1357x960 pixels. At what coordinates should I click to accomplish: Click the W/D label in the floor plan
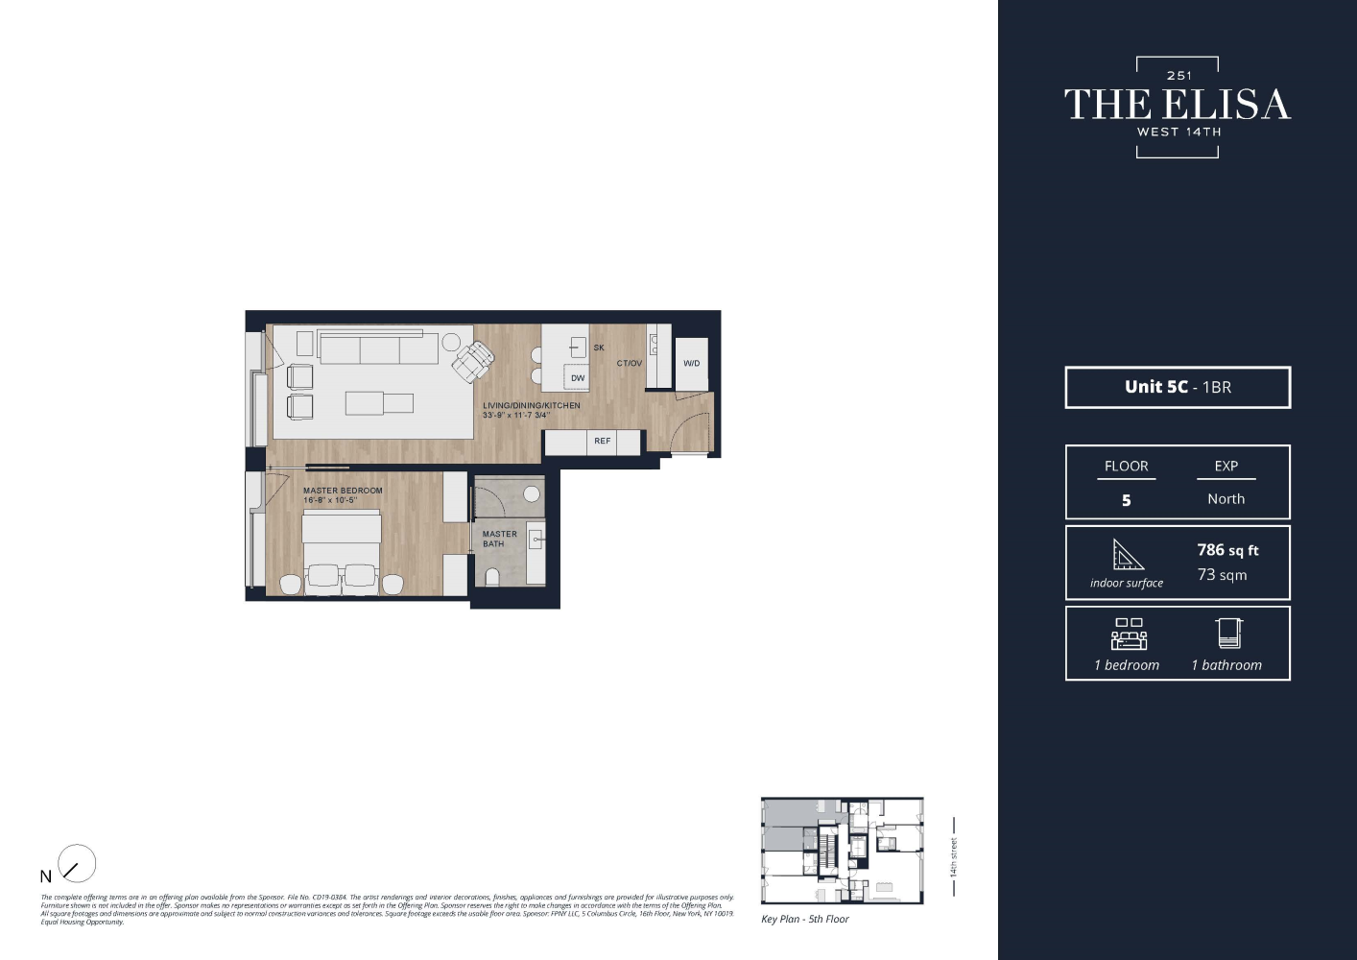[691, 364]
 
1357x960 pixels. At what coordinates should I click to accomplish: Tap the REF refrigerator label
[602, 442]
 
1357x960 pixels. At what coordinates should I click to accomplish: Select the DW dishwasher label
[577, 378]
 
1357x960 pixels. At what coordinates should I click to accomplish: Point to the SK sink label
[599, 348]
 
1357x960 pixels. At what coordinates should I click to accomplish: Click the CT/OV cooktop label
[630, 364]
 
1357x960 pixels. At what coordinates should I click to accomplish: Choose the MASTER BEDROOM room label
[343, 491]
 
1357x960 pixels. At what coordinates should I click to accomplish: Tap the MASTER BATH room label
[499, 539]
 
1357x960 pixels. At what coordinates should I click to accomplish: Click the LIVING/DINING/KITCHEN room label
[531, 405]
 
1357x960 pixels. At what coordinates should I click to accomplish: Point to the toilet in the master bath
[492, 577]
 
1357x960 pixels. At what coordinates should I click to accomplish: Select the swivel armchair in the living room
[473, 362]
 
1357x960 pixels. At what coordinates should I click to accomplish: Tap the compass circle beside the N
[77, 864]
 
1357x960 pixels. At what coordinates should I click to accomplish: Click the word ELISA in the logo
[1226, 105]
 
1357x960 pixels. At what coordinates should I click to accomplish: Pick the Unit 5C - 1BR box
[1178, 387]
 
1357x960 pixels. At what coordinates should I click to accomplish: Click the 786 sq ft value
[1227, 550]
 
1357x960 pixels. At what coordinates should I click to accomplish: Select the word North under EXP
[1226, 499]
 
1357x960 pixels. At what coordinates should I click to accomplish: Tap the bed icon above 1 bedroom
[1129, 635]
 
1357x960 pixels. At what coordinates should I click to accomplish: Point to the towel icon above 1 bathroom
[1228, 634]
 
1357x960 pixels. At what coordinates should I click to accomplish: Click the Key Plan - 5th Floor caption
[805, 920]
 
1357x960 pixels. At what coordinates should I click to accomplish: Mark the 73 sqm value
[1222, 575]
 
